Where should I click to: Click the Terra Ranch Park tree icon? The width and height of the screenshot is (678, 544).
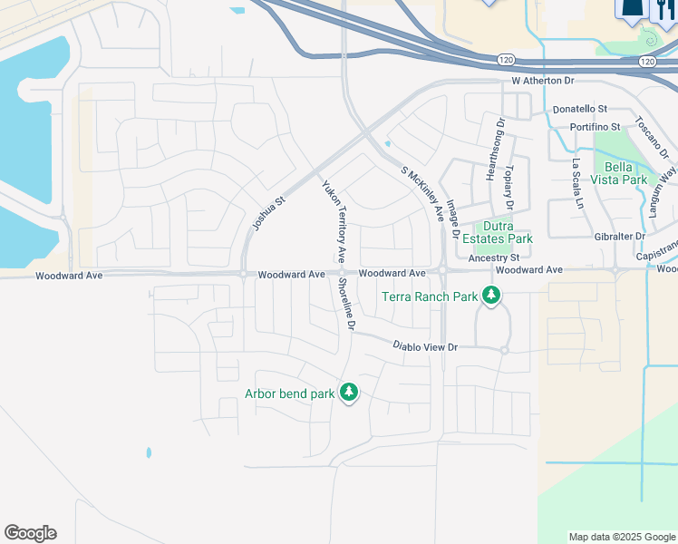tap(491, 296)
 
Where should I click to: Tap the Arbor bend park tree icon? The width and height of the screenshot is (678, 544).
tap(348, 393)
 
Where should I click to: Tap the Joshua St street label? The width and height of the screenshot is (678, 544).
tap(267, 211)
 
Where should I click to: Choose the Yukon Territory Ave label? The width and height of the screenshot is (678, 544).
tap(331, 220)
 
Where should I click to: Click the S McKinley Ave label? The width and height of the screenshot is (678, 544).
tap(422, 194)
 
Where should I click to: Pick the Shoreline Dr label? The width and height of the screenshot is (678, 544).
tap(345, 304)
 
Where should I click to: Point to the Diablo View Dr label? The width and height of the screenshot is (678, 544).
tap(425, 346)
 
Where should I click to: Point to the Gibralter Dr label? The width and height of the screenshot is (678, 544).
tap(614, 236)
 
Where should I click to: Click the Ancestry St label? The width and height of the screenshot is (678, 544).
tap(493, 257)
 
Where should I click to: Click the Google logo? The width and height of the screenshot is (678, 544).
tap(30, 533)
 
